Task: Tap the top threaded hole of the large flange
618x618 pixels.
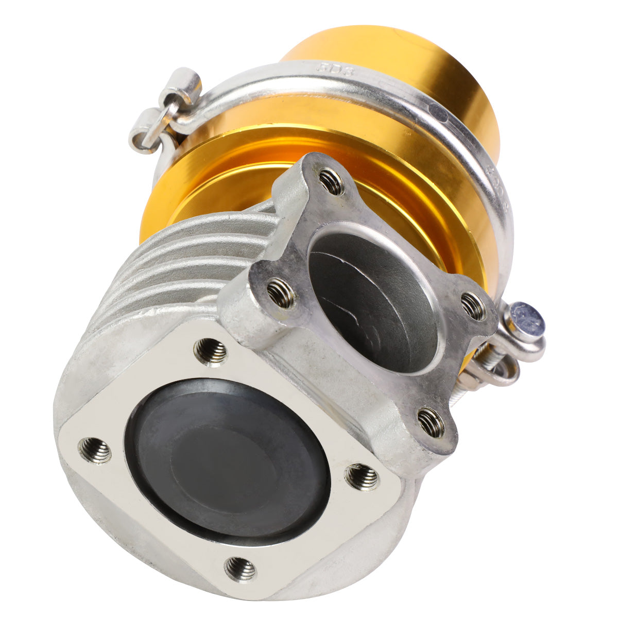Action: pyautogui.click(x=211, y=352)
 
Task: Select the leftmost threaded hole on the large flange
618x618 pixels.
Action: pyautogui.click(x=95, y=450)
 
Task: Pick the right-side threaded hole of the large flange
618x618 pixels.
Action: pyautogui.click(x=362, y=477)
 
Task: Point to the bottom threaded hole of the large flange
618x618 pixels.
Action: pyautogui.click(x=241, y=569)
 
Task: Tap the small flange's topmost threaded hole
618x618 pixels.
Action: pyautogui.click(x=332, y=182)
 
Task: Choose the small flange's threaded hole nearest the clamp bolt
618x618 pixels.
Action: pyautogui.click(x=472, y=306)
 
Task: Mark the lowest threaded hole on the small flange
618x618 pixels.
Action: pyautogui.click(x=431, y=422)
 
